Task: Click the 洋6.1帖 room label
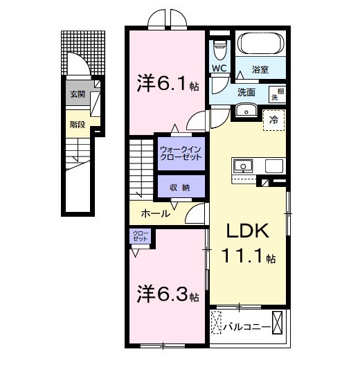pos(166,84)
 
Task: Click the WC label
pos(219,69)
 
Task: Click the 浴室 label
pos(260,69)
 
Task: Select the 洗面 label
pos(246,91)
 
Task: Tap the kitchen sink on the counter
pos(244,166)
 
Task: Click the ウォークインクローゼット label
pos(181,153)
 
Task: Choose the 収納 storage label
pos(180,188)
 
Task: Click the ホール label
pos(155,213)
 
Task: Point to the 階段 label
pos(77,125)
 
